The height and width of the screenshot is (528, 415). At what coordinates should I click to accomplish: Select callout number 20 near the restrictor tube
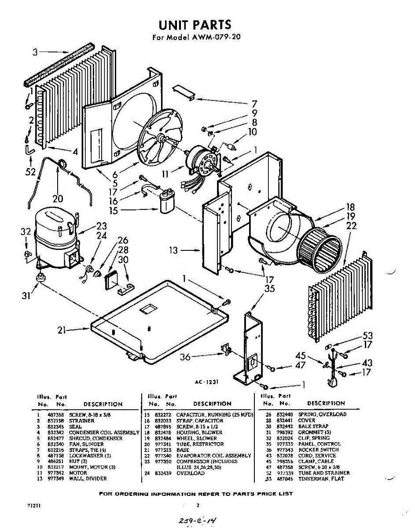point(58,199)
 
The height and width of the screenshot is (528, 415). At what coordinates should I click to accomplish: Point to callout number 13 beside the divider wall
point(174,250)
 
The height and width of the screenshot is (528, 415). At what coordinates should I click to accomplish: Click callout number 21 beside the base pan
point(63,330)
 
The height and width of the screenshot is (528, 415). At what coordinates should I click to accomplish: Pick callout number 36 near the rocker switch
point(185,357)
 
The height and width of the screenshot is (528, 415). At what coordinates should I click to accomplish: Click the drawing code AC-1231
point(207,382)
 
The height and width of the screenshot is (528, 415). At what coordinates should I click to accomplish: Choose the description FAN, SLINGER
point(84,444)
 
